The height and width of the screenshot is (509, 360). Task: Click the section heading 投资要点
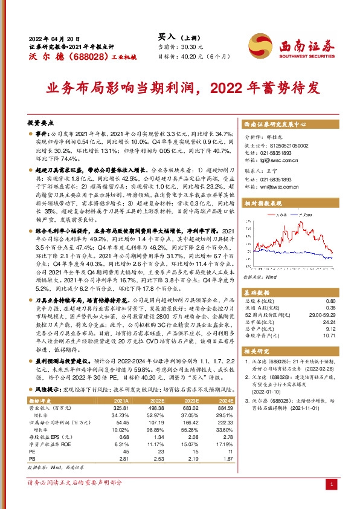pyautogui.click(x=41, y=122)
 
